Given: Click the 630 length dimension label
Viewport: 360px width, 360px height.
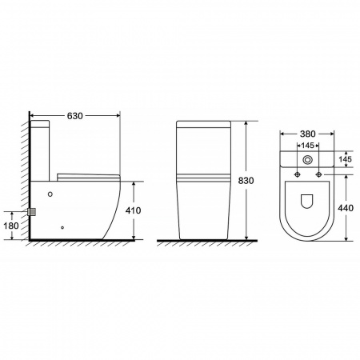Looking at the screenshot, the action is click(x=75, y=116).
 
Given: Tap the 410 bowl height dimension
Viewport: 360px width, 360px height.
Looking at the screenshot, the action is click(x=133, y=210).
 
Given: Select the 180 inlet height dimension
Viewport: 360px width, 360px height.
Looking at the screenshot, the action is click(x=11, y=226).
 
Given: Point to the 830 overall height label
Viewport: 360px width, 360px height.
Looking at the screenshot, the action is click(x=246, y=181).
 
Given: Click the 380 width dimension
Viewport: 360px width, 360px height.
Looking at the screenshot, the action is click(x=307, y=134).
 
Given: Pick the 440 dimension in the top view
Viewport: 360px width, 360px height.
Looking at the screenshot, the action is click(x=346, y=208).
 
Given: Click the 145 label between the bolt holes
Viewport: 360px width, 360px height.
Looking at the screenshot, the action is click(x=307, y=146).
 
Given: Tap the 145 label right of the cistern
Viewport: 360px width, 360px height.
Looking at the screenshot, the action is click(x=346, y=159).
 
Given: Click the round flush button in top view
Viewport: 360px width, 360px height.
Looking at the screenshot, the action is click(x=307, y=160).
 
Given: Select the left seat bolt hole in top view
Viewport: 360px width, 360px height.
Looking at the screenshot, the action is click(x=298, y=174).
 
